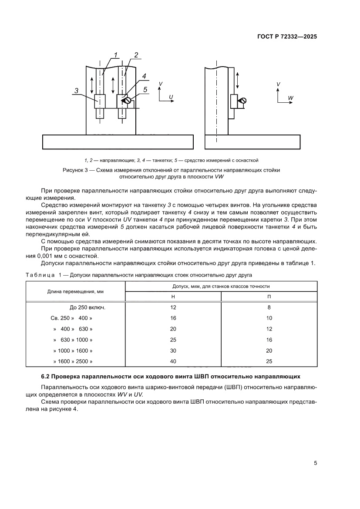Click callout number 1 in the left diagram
(116, 54)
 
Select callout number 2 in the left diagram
(136, 55)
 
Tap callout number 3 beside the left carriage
(77, 91)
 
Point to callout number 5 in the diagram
(145, 90)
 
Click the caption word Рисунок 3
(78, 170)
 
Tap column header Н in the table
(173, 297)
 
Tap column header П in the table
(269, 297)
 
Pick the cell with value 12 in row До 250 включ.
(173, 307)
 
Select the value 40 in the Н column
(173, 361)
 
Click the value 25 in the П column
(269, 361)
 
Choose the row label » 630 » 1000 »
(73, 340)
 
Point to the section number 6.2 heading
(46, 376)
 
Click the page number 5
(315, 463)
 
